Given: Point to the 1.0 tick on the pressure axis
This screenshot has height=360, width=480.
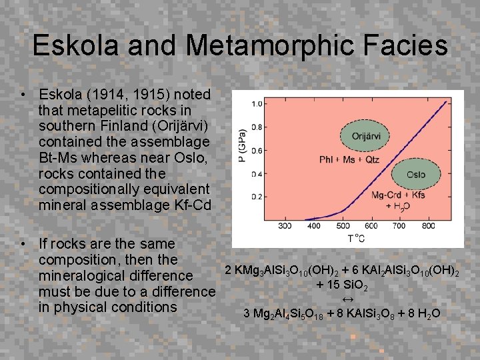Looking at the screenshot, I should (x=256, y=104).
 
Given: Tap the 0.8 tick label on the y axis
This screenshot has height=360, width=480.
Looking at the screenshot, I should (x=256, y=127).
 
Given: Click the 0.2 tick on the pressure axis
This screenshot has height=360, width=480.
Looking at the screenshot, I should (x=256, y=197).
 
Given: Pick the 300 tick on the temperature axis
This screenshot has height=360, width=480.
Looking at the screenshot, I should (x=284, y=226).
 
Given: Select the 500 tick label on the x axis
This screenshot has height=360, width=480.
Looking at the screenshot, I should (x=343, y=226).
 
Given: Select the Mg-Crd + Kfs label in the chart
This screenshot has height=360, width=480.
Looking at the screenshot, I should (x=398, y=195).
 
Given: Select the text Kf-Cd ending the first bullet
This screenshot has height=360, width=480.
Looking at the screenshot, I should (x=193, y=205).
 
